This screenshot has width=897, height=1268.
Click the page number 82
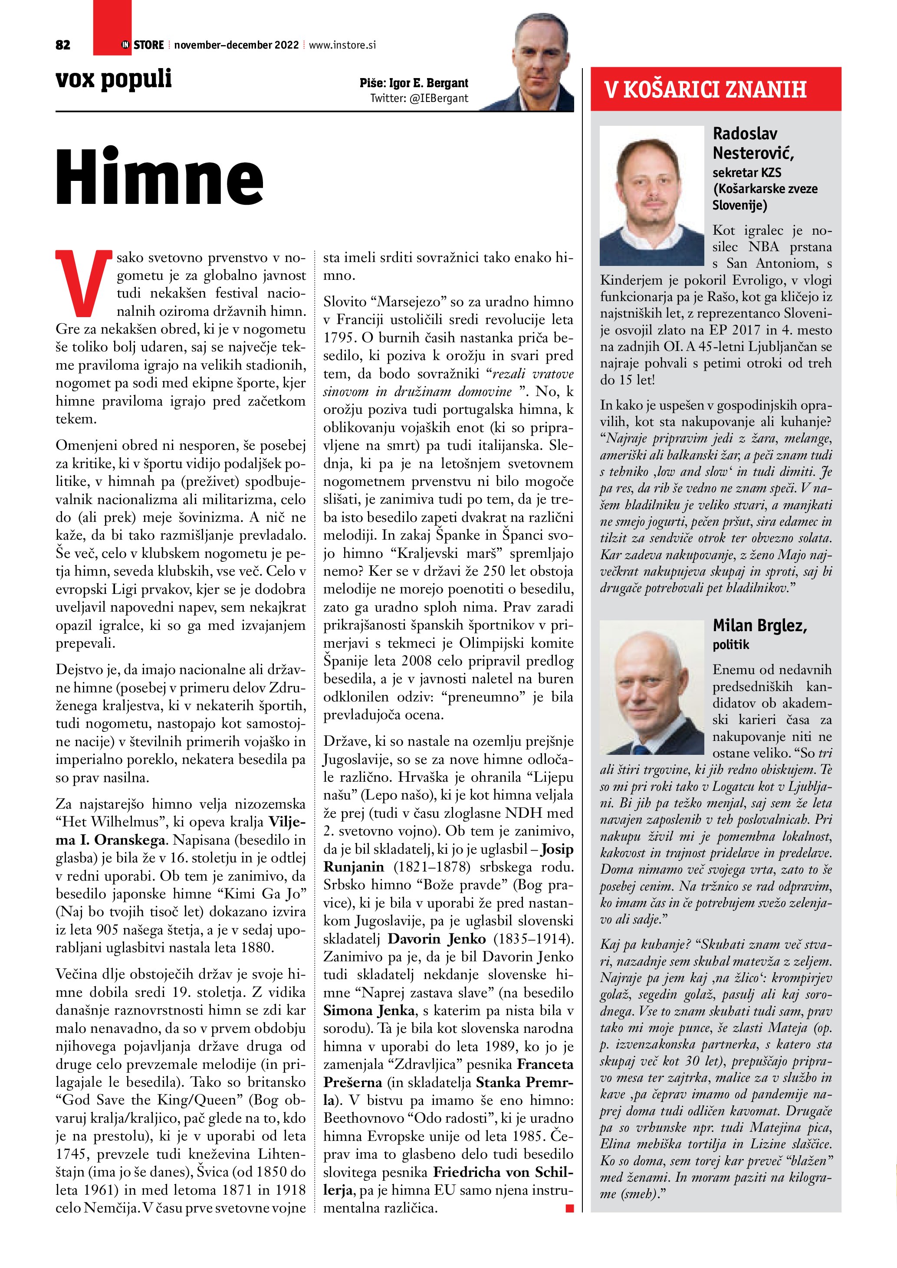point(63,45)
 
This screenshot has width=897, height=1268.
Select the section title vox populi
point(114,79)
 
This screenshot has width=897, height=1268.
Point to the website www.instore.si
point(342,45)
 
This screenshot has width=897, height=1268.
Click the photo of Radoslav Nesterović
point(652,195)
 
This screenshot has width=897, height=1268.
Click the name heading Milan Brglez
point(759,625)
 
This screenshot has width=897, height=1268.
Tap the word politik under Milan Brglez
point(731,645)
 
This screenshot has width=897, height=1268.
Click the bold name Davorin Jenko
point(436,939)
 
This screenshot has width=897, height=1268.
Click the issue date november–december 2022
point(237,45)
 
